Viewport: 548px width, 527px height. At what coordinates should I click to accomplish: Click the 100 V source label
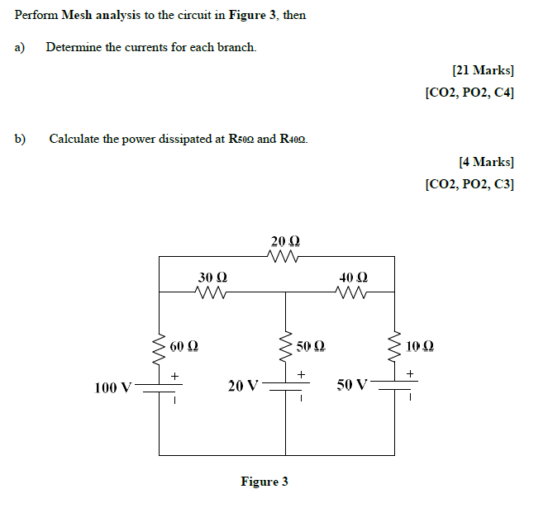[113, 387]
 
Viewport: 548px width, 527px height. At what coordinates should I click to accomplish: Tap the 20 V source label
[243, 386]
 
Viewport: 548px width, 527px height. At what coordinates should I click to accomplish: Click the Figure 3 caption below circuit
[264, 482]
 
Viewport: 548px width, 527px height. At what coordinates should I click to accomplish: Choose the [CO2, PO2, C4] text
[469, 93]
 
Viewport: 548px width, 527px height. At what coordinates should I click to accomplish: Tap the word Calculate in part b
[75, 139]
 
